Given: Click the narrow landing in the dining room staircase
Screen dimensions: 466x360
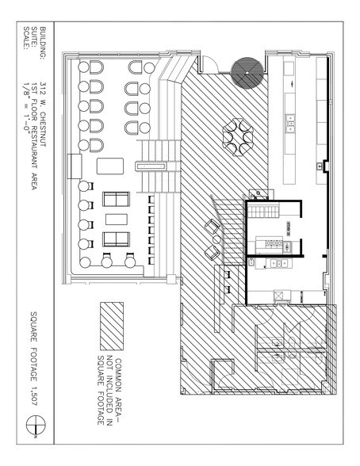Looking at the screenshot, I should coord(147,165).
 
